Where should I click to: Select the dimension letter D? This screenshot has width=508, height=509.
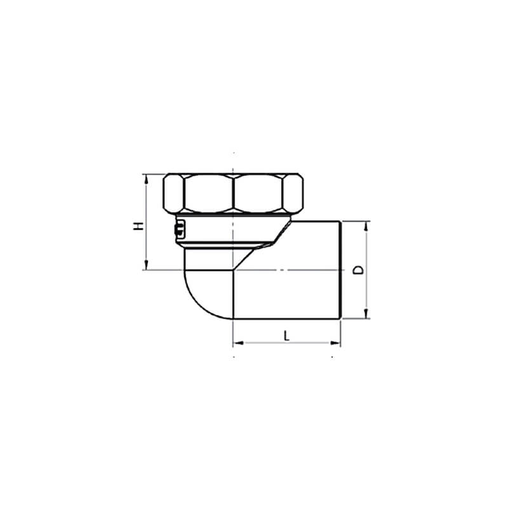point(359,270)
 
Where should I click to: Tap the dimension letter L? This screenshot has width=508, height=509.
point(286,335)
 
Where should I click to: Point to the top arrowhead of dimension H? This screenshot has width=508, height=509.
point(146,179)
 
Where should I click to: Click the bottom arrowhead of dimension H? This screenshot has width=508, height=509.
point(146,265)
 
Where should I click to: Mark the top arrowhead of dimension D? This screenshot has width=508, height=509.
point(366,227)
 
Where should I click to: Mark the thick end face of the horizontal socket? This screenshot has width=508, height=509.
point(342,269)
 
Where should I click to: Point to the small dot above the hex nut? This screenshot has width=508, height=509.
point(234,153)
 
